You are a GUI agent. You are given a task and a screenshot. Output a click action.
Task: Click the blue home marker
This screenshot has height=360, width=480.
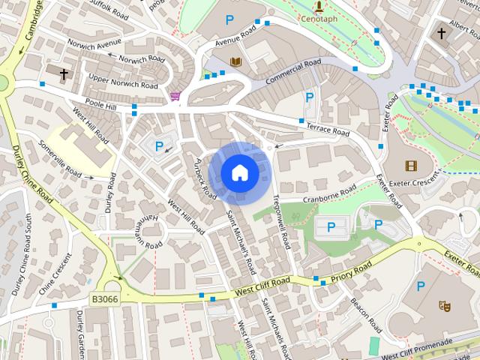click(x=240, y=172)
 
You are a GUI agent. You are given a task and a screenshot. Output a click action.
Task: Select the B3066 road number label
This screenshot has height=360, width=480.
click(x=105, y=298)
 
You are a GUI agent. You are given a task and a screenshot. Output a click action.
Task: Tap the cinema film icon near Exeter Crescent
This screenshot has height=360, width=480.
click(x=410, y=166)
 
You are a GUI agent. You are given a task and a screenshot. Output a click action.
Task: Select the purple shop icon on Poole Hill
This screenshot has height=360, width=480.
click(x=175, y=96)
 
